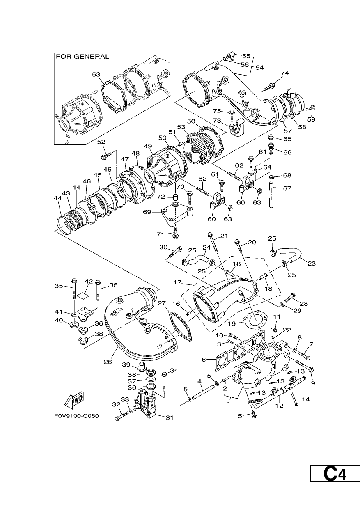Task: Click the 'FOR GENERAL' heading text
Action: tap(83, 57)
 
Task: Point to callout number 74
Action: tap(285, 73)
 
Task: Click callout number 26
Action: tap(108, 362)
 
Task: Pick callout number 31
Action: tap(169, 417)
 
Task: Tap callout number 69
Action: tap(147, 212)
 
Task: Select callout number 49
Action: tap(148, 146)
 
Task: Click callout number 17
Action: tap(177, 282)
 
